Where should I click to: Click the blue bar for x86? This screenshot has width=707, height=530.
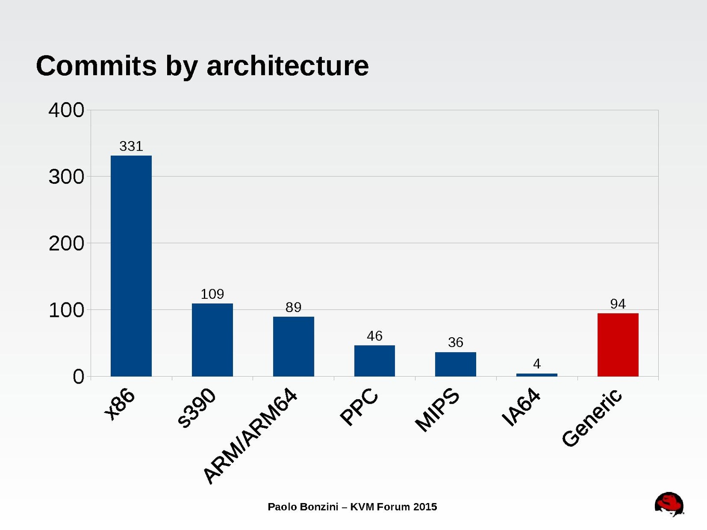coord(131,266)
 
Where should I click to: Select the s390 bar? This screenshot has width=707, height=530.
coord(212,339)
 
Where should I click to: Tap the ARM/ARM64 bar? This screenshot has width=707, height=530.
coord(293,346)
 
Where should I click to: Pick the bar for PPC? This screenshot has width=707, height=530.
coord(374,361)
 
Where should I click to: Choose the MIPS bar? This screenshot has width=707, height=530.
coord(455,364)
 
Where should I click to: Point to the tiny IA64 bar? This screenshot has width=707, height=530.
coord(536,375)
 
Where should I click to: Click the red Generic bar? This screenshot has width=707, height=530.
coord(618,345)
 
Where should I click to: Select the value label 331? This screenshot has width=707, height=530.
coord(131,146)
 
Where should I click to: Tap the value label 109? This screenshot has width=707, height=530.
coord(212,294)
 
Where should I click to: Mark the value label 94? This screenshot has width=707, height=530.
coord(618,304)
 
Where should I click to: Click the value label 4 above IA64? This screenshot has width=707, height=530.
coord(537,364)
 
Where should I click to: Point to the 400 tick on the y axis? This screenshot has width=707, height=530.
coord(66,110)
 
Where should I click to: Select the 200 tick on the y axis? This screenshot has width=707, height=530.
coord(66,244)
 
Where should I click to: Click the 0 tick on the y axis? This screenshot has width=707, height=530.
coord(78,377)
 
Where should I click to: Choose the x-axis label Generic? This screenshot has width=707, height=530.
coord(592,418)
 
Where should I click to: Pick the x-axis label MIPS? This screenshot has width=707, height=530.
coord(437,410)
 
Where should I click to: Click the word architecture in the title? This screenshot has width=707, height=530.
coord(287,66)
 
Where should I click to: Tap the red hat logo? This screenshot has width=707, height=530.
coord(669,504)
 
